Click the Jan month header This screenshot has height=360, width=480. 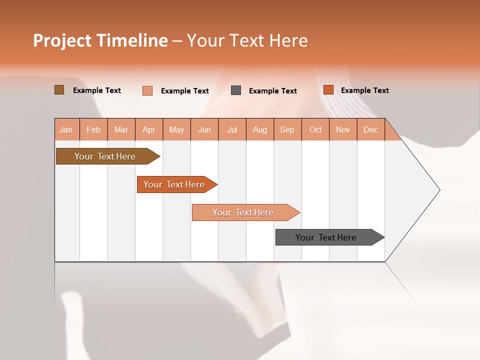click(x=66, y=129)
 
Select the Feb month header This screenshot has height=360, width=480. click(x=93, y=129)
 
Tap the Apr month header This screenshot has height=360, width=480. click(x=148, y=129)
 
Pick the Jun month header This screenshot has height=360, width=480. click(x=204, y=129)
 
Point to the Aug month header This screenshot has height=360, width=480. click(x=259, y=129)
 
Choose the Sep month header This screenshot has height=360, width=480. click(x=287, y=129)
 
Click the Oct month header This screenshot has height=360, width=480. click(x=315, y=129)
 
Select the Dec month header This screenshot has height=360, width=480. click(x=370, y=129)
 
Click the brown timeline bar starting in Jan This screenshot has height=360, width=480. click(x=105, y=156)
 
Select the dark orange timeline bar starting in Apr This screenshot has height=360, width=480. click(x=174, y=184)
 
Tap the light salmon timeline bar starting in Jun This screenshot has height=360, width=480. click(x=243, y=212)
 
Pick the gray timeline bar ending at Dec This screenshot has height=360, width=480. click(x=326, y=237)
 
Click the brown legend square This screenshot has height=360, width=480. click(x=59, y=90)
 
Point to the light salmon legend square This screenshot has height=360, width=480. click(x=147, y=90)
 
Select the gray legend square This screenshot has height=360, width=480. click(x=236, y=90)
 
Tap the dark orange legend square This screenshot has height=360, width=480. click(x=328, y=90)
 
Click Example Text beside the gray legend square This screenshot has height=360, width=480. click(x=272, y=90)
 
